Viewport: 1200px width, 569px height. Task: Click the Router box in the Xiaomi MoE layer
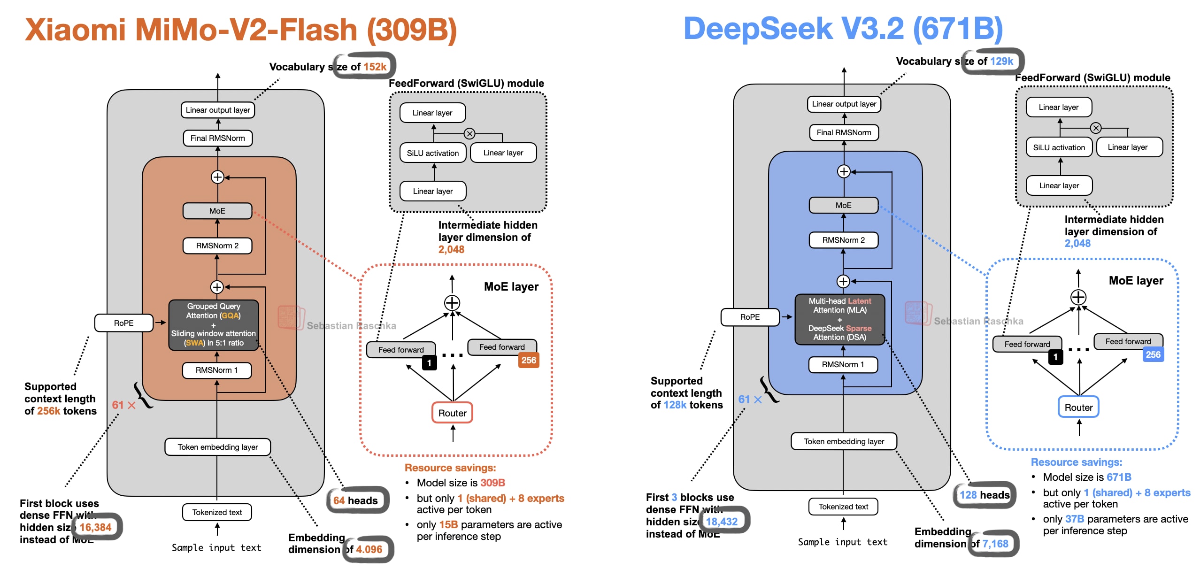[452, 413]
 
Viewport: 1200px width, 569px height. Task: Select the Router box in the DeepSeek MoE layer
[1078, 407]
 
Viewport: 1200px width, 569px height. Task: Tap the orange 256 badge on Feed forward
[529, 360]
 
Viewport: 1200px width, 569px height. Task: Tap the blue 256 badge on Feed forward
[1153, 354]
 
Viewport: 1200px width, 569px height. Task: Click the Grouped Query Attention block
[214, 324]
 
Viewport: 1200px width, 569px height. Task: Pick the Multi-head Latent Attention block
[840, 319]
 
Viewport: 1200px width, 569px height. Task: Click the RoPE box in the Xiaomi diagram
[124, 323]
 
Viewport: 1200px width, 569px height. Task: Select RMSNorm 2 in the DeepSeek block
[843, 240]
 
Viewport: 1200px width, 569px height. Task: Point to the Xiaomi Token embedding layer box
[218, 447]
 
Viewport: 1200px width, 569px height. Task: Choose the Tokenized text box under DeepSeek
[843, 507]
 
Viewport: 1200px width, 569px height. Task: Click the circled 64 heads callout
[356, 500]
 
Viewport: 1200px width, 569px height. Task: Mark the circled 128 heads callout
[985, 495]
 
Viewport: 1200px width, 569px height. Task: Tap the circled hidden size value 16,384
[96, 527]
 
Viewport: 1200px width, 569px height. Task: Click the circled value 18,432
[722, 522]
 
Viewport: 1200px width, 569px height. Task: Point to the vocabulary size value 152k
[375, 67]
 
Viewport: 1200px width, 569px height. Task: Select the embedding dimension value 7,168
[995, 544]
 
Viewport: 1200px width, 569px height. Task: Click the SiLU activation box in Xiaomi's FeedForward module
[433, 153]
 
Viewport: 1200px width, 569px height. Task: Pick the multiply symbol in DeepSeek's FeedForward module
[1096, 128]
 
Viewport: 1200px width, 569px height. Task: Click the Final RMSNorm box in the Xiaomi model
[218, 138]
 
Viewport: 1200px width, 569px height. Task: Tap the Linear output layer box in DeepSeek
[844, 104]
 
